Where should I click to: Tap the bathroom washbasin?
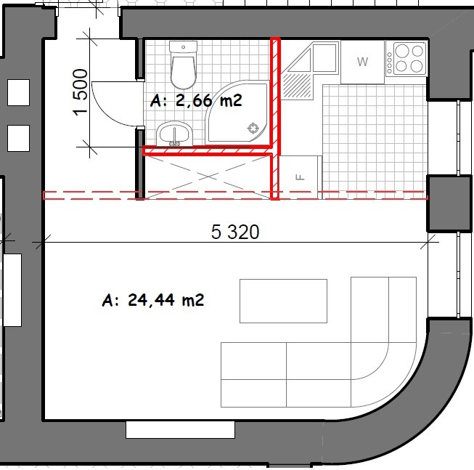click(175, 134)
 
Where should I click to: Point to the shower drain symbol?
click(253, 129)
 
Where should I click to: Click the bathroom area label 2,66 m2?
click(196, 100)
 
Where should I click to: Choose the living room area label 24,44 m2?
click(153, 300)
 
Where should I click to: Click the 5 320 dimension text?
click(235, 232)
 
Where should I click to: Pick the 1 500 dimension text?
click(81, 92)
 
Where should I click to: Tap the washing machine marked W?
click(362, 62)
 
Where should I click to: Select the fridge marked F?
click(300, 177)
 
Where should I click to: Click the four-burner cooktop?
click(406, 59)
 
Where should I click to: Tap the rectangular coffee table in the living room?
click(283, 301)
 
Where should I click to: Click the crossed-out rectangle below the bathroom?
click(207, 177)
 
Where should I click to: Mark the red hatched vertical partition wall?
click(275, 118)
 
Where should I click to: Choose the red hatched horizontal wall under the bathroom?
click(208, 150)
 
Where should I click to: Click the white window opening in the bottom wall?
click(180, 429)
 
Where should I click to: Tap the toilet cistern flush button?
click(183, 47)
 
